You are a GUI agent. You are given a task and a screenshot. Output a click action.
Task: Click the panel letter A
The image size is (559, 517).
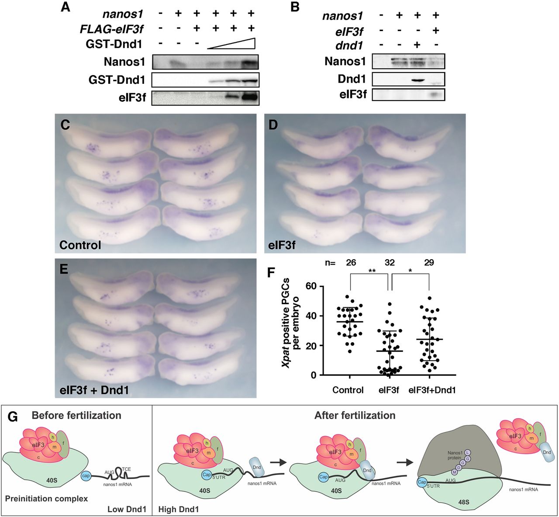[66, 7]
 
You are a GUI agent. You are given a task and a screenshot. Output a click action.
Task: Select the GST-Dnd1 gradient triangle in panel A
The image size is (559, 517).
[231, 44]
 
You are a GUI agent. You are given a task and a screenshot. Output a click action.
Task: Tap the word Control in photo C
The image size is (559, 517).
[80, 245]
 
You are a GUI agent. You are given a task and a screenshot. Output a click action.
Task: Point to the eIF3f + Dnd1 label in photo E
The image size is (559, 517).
[94, 389]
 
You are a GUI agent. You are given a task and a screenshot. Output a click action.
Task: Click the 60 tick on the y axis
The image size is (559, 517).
[311, 286]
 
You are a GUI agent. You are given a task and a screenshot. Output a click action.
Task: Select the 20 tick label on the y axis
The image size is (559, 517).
[311, 345]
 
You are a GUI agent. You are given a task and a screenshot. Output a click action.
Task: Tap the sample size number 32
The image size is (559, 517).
[390, 263]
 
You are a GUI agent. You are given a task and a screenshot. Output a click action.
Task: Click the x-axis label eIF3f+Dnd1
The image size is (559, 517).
[432, 390]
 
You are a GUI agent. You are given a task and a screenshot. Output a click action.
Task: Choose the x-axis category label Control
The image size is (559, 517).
[348, 390]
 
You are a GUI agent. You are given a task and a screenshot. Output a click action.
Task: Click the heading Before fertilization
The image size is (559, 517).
[76, 415]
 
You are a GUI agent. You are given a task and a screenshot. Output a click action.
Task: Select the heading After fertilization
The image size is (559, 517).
[355, 415]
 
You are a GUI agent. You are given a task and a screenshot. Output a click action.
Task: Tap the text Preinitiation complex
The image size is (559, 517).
[47, 498]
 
